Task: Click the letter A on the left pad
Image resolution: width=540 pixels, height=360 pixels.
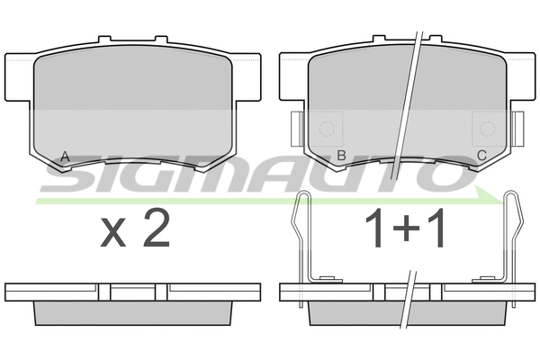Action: [65, 157]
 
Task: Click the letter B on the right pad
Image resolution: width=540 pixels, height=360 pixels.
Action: [341, 156]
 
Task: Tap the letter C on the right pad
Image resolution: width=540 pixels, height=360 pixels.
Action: [481, 156]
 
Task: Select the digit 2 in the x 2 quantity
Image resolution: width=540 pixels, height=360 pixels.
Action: [157, 229]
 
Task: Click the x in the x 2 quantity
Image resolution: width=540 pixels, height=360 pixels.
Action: [113, 233]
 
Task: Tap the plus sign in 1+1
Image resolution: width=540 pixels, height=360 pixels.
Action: [406, 228]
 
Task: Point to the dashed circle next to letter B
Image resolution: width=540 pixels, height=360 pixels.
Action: [327, 130]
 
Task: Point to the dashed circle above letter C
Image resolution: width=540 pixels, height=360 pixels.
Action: [487, 129]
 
